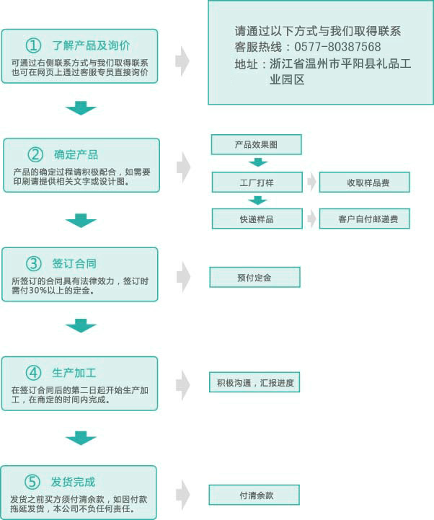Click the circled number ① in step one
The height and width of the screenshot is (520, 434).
(33, 45)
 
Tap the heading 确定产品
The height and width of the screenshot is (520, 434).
(76, 154)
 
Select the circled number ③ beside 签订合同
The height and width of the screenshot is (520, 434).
(33, 264)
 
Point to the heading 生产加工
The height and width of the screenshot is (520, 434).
(74, 373)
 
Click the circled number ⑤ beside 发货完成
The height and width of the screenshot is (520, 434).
(32, 482)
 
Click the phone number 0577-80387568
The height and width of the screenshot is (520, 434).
(337, 47)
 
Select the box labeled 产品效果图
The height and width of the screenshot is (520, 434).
(256, 144)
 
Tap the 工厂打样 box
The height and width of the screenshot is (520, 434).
(257, 182)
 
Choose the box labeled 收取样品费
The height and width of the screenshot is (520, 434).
(364, 182)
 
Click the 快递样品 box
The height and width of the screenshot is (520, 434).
(257, 219)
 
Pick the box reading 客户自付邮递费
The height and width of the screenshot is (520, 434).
(364, 219)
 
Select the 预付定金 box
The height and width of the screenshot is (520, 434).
(254, 277)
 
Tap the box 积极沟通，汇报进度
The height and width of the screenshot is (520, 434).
(254, 382)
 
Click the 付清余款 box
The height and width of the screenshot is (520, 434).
(254, 495)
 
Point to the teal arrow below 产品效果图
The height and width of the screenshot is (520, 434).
(258, 162)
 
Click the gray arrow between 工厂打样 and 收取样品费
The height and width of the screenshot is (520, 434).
(311, 182)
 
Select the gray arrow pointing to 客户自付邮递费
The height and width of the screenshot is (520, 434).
(311, 219)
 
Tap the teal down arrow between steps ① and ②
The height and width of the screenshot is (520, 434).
(81, 108)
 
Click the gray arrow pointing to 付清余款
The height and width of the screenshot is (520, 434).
(182, 494)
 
